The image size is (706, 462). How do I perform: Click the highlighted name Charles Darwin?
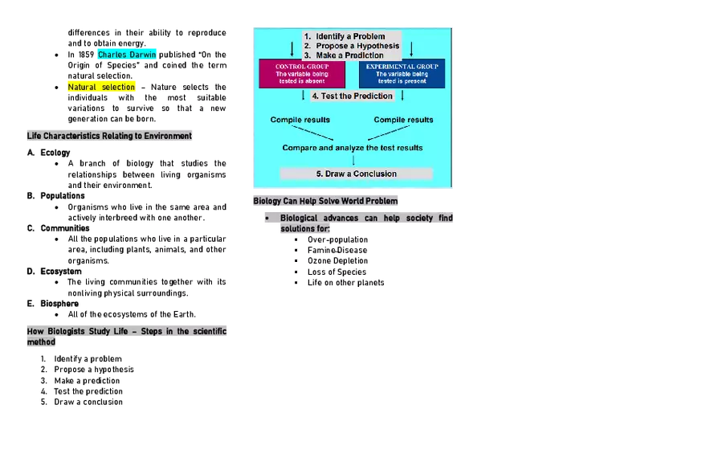click(128, 55)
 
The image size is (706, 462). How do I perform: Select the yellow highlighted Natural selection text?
click(103, 87)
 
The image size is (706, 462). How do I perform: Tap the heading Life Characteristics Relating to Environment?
click(109, 136)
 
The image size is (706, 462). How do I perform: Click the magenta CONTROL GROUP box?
click(302, 73)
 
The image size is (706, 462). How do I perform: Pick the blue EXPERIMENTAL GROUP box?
click(402, 73)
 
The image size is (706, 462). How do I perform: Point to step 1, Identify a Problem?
click(350, 36)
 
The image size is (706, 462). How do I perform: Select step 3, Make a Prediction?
click(349, 55)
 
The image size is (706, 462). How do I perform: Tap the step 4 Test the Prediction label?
click(352, 96)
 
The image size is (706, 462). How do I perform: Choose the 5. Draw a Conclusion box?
click(356, 174)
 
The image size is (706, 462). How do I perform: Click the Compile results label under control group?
click(300, 120)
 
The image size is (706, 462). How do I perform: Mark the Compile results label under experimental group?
click(403, 120)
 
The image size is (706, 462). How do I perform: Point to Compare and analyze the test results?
click(352, 148)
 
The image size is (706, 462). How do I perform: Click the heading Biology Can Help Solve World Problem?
click(325, 200)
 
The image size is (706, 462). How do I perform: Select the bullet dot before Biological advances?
click(267, 219)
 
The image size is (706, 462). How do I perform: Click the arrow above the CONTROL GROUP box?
click(292, 48)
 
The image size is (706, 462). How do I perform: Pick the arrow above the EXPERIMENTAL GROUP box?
click(410, 48)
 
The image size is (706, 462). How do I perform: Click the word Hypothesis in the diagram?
click(373, 46)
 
